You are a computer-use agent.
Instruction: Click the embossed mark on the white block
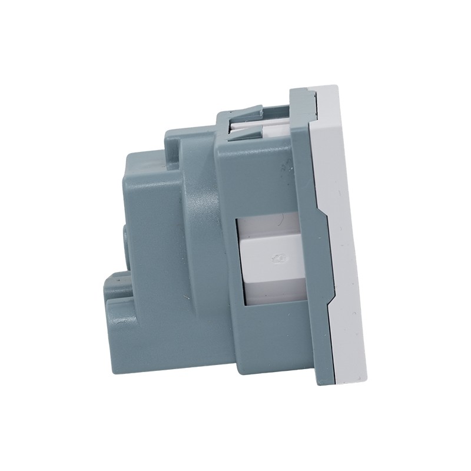pos(276,257)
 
